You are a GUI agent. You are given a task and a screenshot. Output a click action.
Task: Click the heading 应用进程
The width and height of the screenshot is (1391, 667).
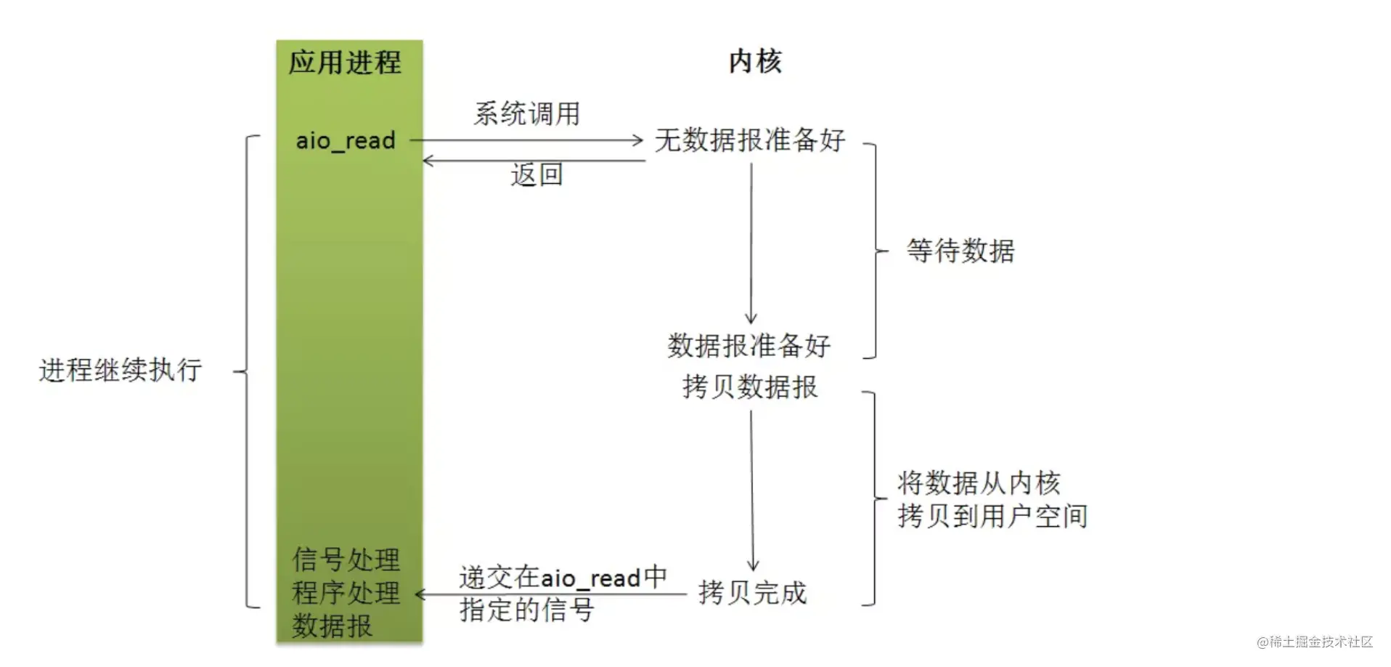click(345, 62)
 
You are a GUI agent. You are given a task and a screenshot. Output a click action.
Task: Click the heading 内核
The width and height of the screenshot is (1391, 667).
click(755, 62)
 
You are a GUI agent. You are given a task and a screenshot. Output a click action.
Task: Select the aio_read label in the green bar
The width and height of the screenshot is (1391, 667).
click(346, 140)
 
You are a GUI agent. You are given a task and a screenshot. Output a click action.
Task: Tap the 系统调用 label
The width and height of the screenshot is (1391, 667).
click(527, 114)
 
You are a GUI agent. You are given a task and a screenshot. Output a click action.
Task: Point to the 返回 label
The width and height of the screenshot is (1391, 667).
click(537, 175)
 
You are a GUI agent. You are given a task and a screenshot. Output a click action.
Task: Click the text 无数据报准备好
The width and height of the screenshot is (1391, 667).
click(750, 140)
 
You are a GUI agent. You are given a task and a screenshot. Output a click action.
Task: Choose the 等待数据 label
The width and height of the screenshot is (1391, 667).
click(960, 251)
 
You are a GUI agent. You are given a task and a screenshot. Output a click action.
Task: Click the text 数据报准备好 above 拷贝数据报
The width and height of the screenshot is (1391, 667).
click(749, 346)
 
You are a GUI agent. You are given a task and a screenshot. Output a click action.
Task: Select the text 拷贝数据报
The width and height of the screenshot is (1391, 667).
click(750, 387)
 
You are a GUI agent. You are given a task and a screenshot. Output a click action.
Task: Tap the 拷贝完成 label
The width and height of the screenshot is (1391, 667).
click(752, 593)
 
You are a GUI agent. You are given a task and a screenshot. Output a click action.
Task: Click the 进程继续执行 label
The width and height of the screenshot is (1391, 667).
click(121, 370)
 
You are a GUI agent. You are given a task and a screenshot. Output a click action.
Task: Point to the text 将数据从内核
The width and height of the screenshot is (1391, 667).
click(979, 483)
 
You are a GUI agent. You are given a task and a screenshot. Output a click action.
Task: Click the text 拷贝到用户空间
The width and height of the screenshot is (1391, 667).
click(992, 517)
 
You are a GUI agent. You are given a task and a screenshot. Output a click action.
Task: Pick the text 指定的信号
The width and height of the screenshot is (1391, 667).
click(526, 610)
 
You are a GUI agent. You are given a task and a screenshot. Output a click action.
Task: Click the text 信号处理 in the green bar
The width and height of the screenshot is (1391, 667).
click(346, 559)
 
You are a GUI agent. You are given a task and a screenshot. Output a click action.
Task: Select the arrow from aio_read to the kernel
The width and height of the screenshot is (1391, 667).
click(526, 140)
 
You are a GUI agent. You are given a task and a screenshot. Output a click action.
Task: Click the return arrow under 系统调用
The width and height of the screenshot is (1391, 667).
click(534, 161)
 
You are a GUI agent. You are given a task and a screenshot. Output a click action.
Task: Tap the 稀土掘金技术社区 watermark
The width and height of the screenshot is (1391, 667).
click(1315, 642)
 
